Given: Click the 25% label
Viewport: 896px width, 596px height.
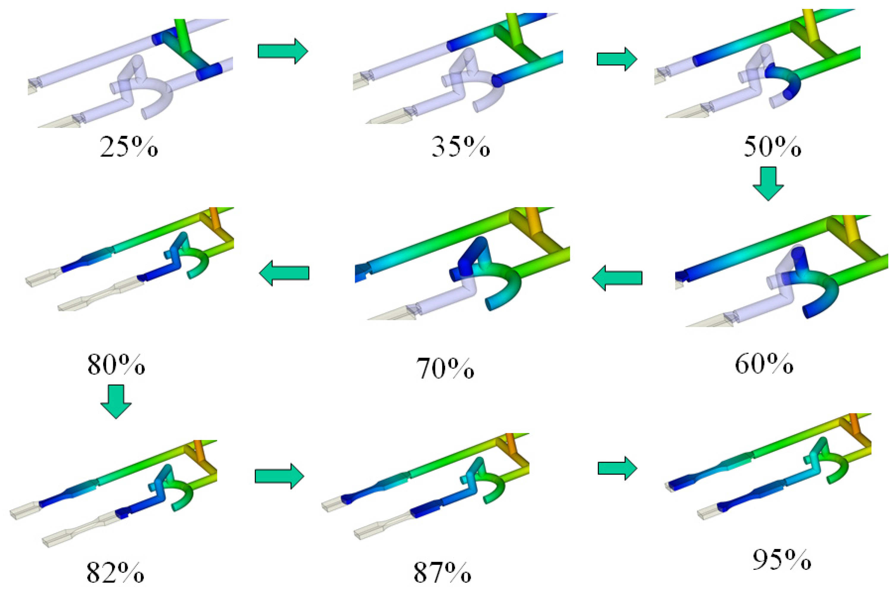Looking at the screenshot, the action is pyautogui.click(x=128, y=146).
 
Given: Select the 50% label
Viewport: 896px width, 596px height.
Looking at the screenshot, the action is pyautogui.click(x=772, y=146).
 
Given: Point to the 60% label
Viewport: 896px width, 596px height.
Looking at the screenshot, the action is pyautogui.click(x=764, y=364).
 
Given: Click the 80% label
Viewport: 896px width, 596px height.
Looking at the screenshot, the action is pyautogui.click(x=116, y=364).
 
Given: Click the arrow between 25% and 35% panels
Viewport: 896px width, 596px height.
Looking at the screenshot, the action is pyautogui.click(x=283, y=51).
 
